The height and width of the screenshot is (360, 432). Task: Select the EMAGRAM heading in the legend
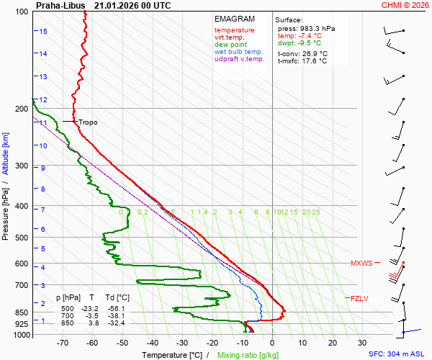(230, 19)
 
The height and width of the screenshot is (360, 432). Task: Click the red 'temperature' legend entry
(234, 30)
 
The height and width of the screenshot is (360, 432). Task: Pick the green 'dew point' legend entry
(230, 45)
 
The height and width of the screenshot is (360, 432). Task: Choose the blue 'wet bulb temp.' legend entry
(239, 52)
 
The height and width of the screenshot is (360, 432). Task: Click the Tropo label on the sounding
(88, 122)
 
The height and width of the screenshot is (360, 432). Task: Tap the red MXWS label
(361, 264)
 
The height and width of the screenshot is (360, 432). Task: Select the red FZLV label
(359, 298)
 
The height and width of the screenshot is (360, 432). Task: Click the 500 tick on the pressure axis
(20, 238)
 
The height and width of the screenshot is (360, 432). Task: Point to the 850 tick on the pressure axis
(20, 312)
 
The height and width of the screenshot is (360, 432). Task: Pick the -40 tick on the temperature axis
(153, 343)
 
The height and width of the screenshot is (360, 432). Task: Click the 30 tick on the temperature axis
(362, 343)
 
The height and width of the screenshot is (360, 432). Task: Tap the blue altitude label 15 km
(43, 32)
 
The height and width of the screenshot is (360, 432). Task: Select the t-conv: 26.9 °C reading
(302, 53)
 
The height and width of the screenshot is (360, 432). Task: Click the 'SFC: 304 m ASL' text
(398, 354)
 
